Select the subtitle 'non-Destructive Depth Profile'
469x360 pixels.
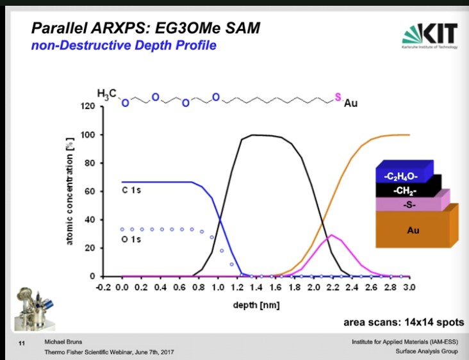click(x=124, y=45)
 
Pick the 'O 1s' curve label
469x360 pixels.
click(x=131, y=240)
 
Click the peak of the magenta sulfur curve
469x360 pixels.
click(x=331, y=235)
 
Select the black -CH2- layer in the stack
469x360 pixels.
click(x=408, y=191)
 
